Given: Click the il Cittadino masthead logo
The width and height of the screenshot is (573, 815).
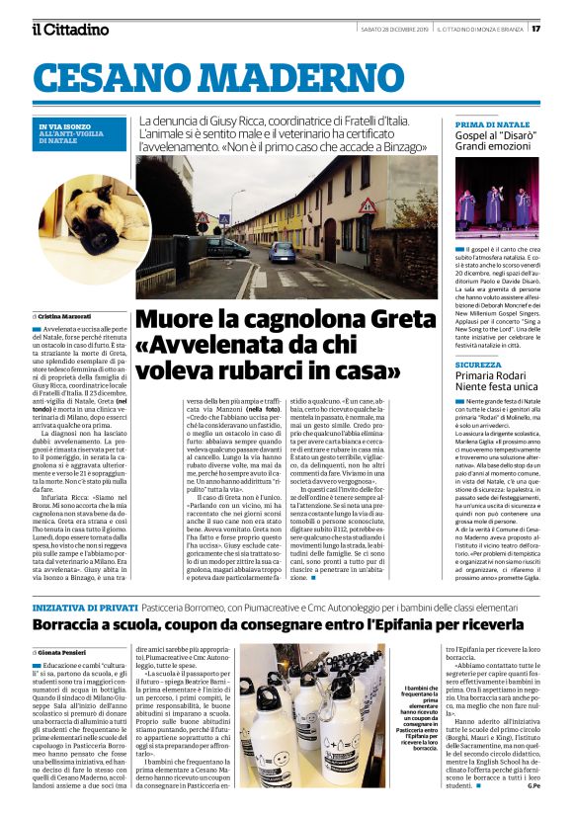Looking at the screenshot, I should click(70, 29).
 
